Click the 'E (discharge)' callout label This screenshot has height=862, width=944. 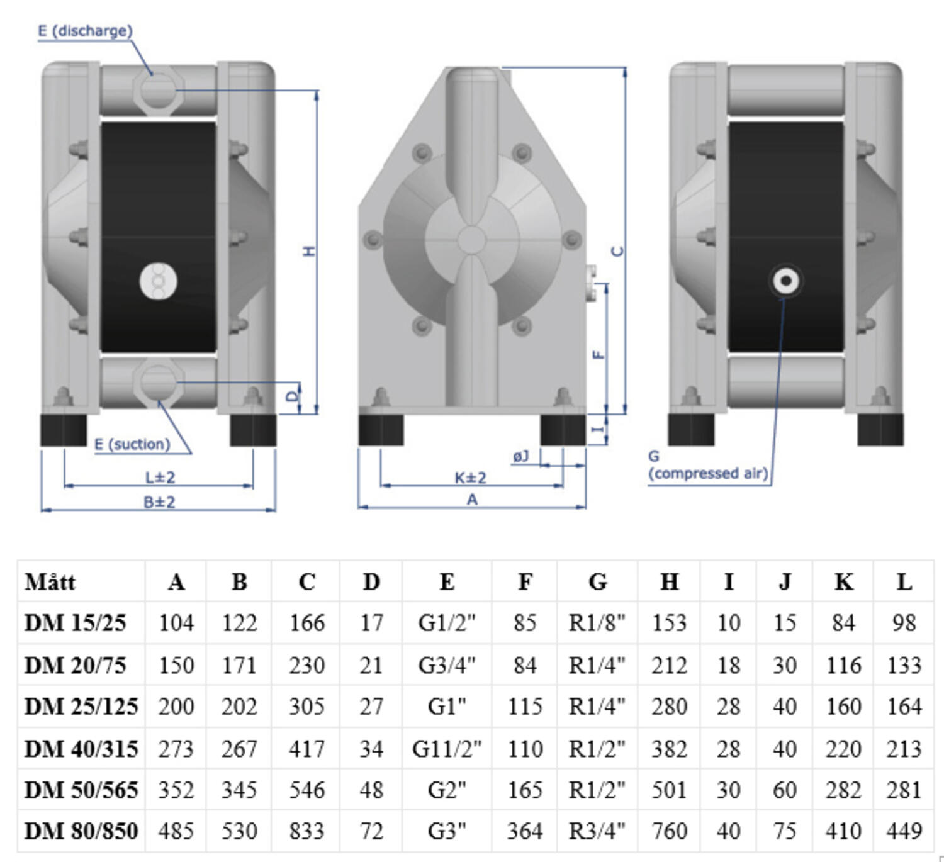pos(85,31)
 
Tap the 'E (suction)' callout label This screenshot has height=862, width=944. pos(132,444)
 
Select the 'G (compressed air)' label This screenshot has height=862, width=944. pos(708,466)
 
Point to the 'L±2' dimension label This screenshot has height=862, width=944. pos(160,478)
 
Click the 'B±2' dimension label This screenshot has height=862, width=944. pos(159,502)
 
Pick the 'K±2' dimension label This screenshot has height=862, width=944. pos(471,478)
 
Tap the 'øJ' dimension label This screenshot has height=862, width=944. pos(521,456)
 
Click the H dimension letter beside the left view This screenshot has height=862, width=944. pos(309,251)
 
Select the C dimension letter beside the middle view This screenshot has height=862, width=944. pos(618,251)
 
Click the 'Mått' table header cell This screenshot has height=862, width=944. pos(50,582)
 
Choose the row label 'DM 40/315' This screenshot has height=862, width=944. pos(81,749)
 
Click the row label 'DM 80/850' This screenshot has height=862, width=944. pos(81,831)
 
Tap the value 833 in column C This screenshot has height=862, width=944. pos(306,831)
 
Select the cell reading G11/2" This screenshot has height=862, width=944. pos(447,749)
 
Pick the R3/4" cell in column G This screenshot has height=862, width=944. pos(597,831)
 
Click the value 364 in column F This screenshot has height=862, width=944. pos(524,831)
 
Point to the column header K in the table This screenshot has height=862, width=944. pos(843,582)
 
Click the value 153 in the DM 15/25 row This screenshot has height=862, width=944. pos(669,623)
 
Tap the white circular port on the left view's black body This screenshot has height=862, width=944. pos(158,281)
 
